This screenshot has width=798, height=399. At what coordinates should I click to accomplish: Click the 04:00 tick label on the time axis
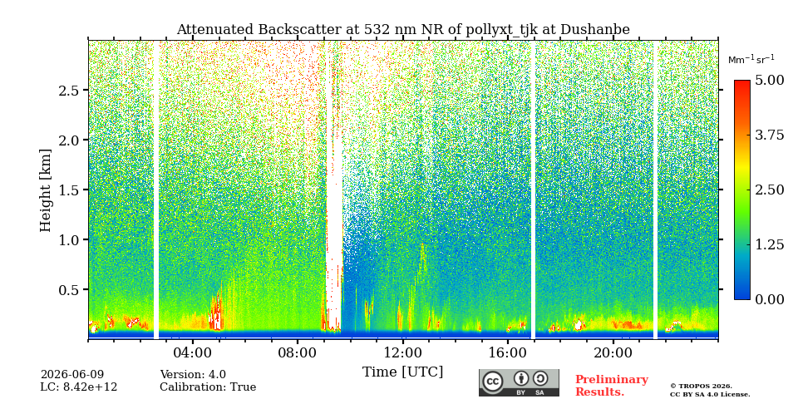click(x=192, y=353)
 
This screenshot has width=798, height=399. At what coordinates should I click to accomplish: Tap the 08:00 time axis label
click(x=298, y=353)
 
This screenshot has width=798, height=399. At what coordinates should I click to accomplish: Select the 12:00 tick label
click(x=402, y=353)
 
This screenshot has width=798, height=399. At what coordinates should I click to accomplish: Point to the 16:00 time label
click(x=507, y=353)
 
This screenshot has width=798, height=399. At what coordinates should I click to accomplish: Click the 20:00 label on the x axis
click(x=613, y=353)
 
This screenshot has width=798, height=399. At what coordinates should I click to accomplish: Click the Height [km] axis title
click(x=46, y=190)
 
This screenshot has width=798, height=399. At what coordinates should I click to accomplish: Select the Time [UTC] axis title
click(x=402, y=372)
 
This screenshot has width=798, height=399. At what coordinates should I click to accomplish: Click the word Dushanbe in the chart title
click(x=595, y=30)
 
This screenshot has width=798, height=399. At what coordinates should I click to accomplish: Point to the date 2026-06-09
click(x=71, y=375)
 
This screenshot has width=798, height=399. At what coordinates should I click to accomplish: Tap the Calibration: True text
click(x=208, y=387)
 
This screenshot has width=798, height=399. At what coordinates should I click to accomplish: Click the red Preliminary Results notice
click(x=612, y=385)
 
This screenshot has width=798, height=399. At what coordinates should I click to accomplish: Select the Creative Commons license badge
click(x=519, y=382)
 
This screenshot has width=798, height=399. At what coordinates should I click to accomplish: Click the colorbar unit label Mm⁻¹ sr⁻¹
click(x=751, y=60)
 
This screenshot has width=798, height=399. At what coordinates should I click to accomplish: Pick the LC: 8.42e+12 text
click(x=79, y=387)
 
